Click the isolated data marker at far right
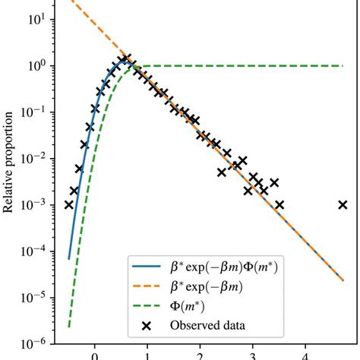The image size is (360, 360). point(343,204)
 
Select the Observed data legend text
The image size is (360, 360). point(204,328)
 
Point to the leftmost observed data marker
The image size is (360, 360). point(69,204)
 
